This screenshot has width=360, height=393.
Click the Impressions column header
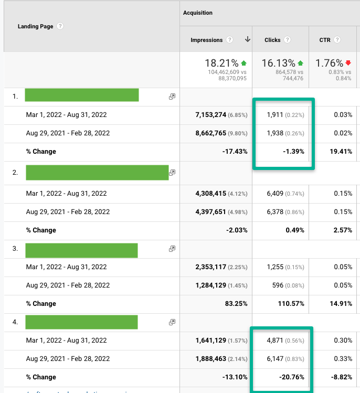tap(206, 40)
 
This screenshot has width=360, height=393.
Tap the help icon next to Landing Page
tap(60, 26)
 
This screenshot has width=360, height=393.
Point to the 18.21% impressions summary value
tap(221, 63)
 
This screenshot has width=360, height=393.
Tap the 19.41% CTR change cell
tap(341, 152)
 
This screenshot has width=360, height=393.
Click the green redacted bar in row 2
tap(97, 173)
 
